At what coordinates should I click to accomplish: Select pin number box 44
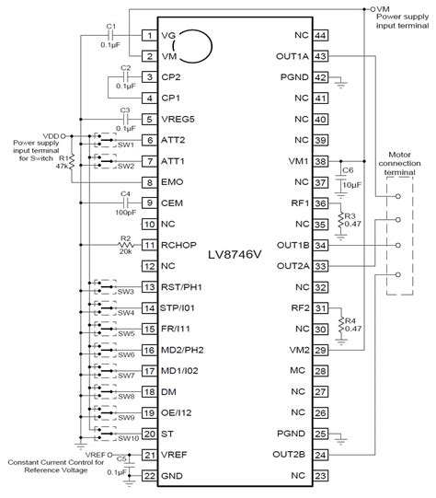pos(321,35)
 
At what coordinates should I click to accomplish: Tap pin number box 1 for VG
pos(148,35)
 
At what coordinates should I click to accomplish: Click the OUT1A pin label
pos(292,56)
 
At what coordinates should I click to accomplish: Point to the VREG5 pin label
pos(180,119)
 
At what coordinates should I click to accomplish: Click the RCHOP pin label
pos(180,244)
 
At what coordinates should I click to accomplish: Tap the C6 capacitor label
pos(347,170)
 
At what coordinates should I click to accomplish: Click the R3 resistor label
pos(350,214)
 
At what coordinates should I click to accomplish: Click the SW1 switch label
pos(125,145)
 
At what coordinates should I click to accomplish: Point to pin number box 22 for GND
pos(148,475)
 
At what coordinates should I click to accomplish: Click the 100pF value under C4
pos(124,212)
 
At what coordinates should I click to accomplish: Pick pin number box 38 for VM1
pos(321,160)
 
